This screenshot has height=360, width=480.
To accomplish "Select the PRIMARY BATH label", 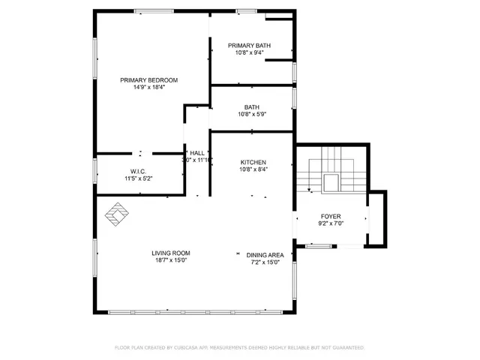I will click(249, 46).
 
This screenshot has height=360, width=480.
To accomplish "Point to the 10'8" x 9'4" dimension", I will click(249, 53).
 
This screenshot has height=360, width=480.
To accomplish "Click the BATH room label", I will click(252, 107).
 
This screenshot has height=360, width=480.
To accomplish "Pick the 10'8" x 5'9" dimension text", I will click(252, 115).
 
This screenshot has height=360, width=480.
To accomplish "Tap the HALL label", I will click(197, 153).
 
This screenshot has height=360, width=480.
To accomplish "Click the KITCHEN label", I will click(253, 163).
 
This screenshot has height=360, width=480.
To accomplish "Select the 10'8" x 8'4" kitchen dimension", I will click(253, 170).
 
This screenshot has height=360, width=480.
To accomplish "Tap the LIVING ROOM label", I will click(171, 253).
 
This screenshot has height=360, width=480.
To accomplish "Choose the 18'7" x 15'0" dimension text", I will click(171, 261).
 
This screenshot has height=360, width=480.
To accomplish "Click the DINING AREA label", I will click(265, 254).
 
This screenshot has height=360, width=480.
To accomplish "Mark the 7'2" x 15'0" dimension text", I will click(265, 262).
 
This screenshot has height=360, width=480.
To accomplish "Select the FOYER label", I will click(331, 215).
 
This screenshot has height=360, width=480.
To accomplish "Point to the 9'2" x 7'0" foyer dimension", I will click(331, 223).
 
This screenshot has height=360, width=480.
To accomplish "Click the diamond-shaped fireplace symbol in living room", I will click(115, 214).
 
